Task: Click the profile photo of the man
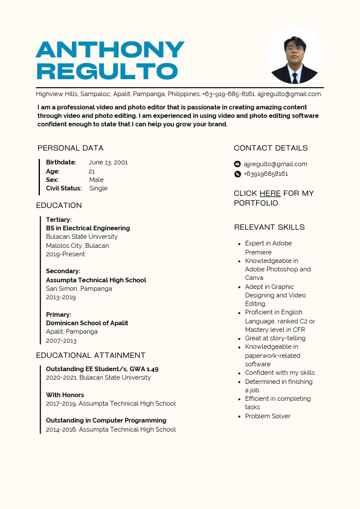click(294, 55)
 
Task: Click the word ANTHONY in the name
click(110, 50)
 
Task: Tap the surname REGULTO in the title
click(107, 71)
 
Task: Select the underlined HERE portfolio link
click(270, 193)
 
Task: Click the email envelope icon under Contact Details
click(237, 164)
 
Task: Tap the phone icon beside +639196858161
click(237, 174)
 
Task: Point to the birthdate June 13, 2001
click(108, 163)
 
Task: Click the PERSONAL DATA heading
click(70, 148)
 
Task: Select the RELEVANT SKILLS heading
click(269, 227)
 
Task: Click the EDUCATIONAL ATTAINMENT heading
click(91, 355)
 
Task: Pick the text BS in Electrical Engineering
click(88, 229)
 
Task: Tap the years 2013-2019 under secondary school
click(61, 297)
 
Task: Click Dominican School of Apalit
click(87, 323)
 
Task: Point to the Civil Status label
click(63, 189)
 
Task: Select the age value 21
click(92, 172)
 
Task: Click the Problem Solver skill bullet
click(268, 417)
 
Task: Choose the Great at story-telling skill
click(275, 339)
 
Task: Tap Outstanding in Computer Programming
click(106, 421)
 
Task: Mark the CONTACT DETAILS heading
click(271, 148)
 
